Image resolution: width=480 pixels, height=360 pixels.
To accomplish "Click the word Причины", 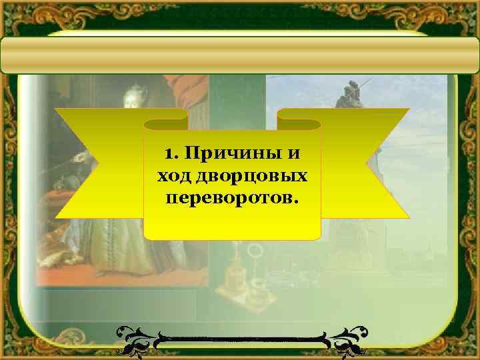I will pyautogui.click(x=227, y=154).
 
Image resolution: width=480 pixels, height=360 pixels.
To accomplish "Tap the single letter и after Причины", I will pyautogui.click(x=294, y=154).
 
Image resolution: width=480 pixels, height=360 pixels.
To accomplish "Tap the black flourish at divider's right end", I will pyautogui.click(x=347, y=337).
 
